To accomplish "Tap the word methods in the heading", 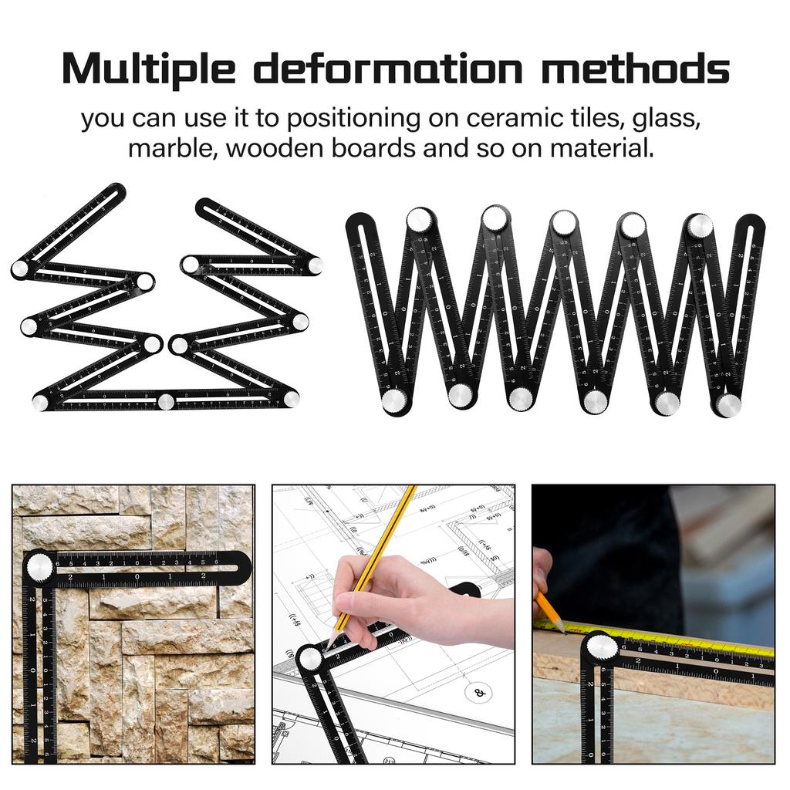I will [x=634, y=69].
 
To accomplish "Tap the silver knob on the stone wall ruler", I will [x=39, y=568].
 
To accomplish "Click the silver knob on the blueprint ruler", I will [x=310, y=658].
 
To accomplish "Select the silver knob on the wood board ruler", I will [x=603, y=647].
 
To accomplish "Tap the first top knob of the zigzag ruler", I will [x=420, y=220].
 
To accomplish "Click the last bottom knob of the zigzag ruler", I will [x=728, y=404].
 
